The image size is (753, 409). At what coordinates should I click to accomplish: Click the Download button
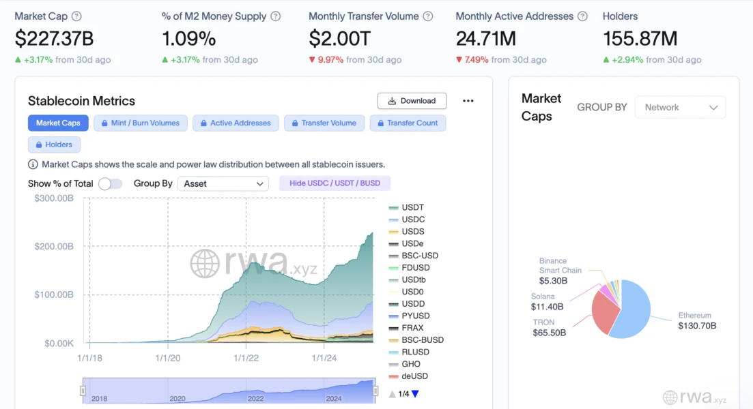click(x=412, y=101)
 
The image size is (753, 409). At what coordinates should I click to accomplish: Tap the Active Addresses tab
click(x=236, y=123)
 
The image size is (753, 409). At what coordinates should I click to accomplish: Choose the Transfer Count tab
click(x=408, y=123)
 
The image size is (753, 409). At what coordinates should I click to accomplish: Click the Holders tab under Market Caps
click(x=54, y=145)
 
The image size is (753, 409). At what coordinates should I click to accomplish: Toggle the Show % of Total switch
click(x=110, y=183)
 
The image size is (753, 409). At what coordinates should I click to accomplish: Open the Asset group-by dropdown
click(x=223, y=183)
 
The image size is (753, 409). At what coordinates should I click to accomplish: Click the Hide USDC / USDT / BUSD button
click(x=335, y=183)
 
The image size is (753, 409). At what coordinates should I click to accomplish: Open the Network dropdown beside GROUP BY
click(x=680, y=108)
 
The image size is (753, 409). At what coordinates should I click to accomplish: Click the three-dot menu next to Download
click(x=468, y=101)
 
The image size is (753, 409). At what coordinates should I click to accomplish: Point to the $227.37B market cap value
click(x=54, y=38)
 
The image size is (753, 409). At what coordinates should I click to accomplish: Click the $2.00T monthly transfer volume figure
click(x=340, y=38)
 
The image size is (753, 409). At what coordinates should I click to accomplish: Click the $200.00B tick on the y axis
click(x=54, y=246)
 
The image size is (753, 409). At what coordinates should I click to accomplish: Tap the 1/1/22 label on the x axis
click(x=246, y=357)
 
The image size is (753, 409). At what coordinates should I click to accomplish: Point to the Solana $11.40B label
click(x=543, y=302)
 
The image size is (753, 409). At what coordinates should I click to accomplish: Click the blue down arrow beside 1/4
click(x=415, y=394)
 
